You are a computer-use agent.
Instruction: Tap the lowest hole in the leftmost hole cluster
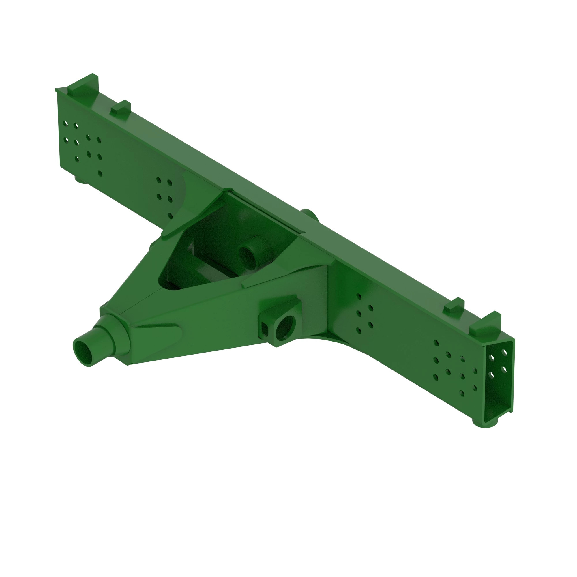(x=100, y=173)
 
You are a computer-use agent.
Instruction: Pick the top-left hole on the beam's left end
(x=65, y=123)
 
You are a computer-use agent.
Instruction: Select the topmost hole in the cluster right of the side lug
(x=359, y=296)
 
